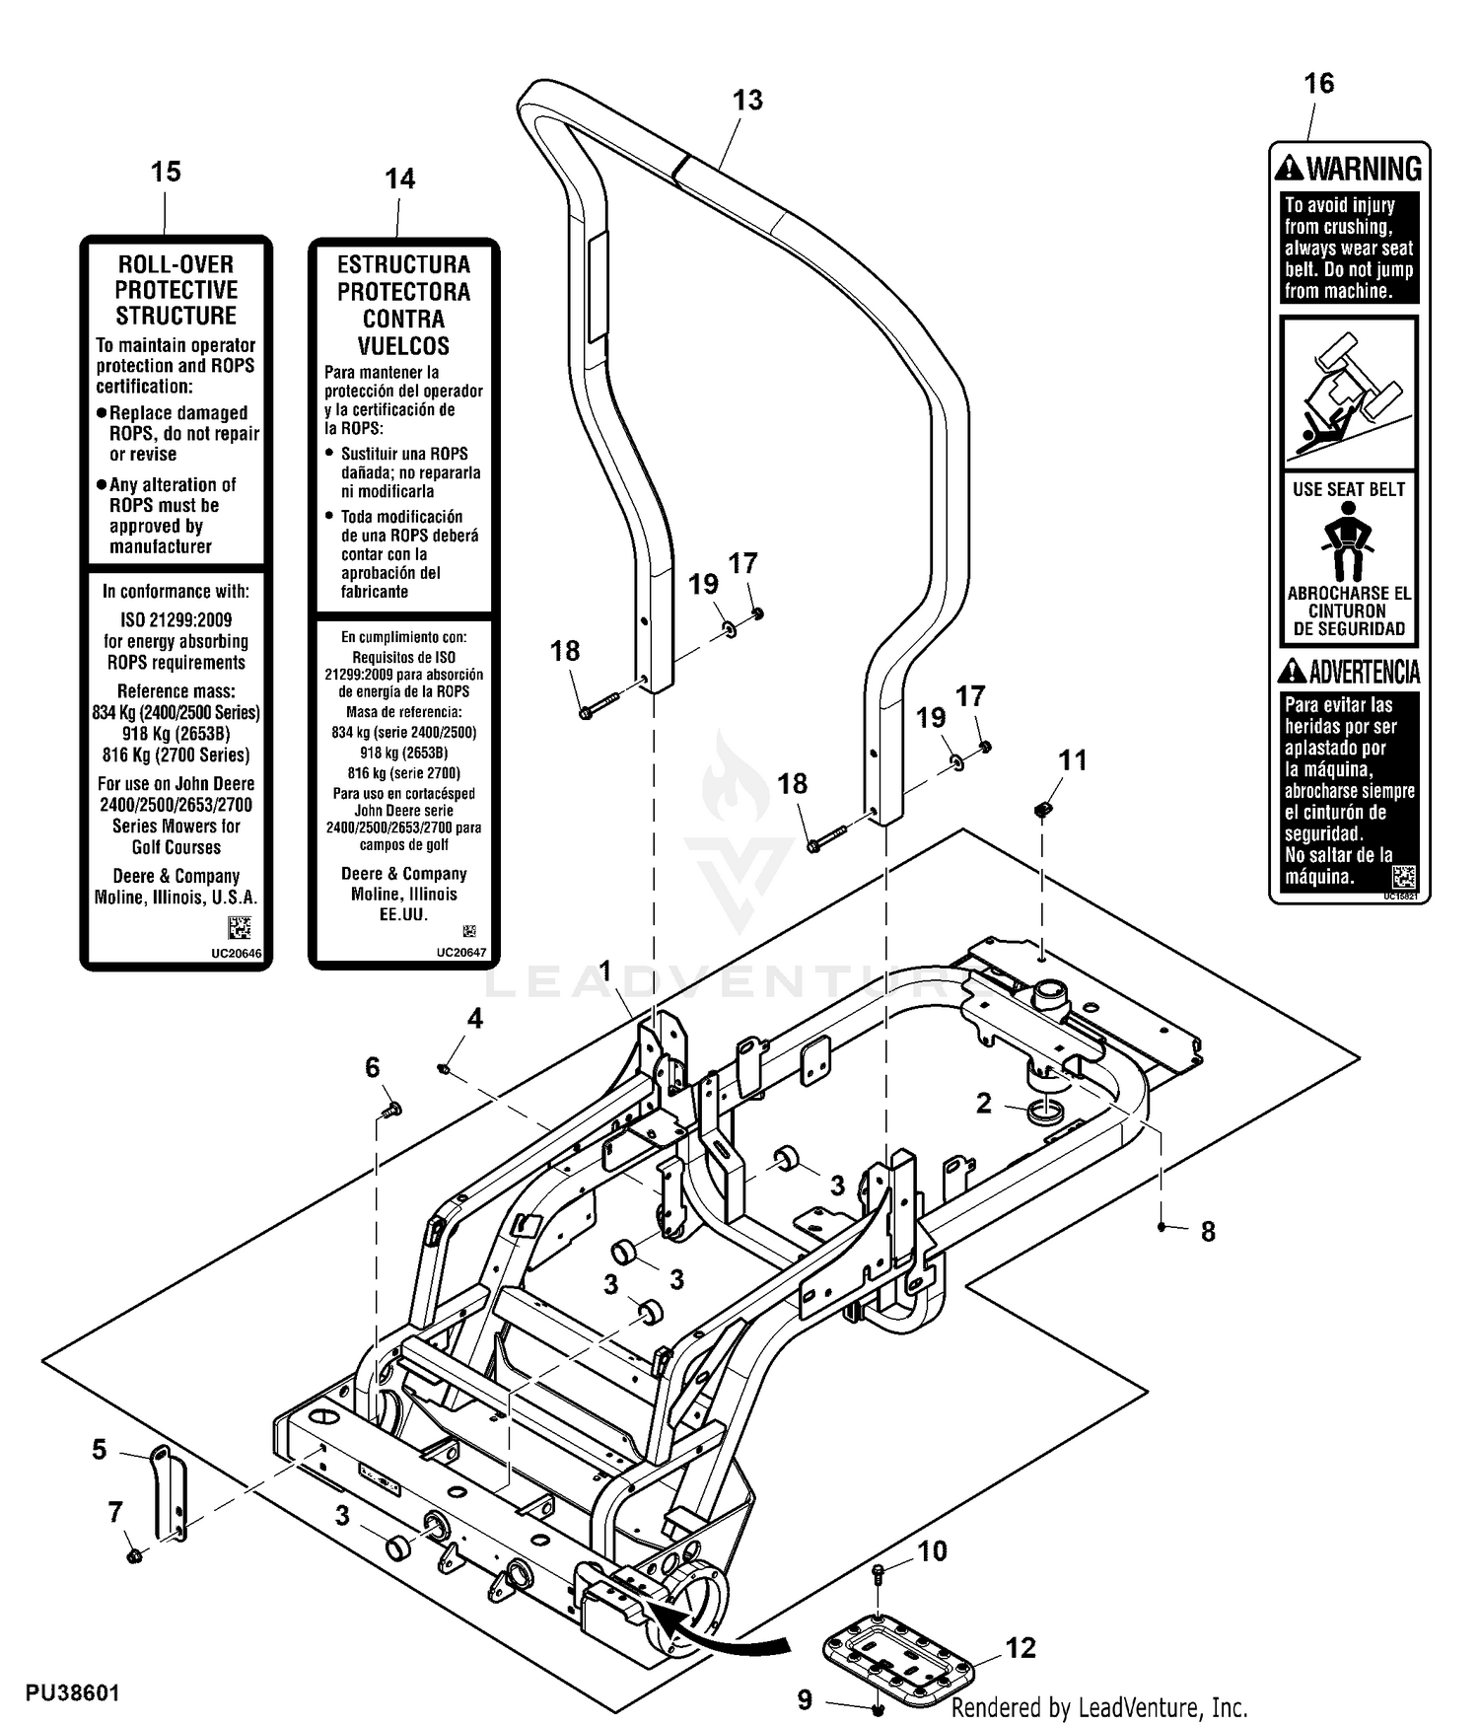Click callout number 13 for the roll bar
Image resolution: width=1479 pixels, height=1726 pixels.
[747, 101]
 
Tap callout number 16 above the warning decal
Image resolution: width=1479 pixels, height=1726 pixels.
[1318, 84]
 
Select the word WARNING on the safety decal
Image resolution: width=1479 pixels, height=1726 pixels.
[1364, 169]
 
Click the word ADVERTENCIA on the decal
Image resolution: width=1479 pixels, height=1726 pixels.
[1364, 672]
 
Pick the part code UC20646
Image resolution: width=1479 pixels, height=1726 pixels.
[237, 954]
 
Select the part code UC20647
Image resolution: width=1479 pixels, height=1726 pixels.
[461, 953]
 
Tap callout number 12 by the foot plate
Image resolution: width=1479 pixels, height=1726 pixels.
[1021, 1648]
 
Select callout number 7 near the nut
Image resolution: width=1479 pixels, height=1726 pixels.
[115, 1512]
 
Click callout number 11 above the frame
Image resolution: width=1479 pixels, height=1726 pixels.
[1073, 760]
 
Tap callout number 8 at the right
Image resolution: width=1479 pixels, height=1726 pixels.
[1208, 1232]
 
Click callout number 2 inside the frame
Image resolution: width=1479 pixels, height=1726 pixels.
[983, 1103]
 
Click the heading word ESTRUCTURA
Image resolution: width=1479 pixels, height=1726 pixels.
[403, 264]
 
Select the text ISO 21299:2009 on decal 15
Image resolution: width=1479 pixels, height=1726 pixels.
[176, 620]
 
